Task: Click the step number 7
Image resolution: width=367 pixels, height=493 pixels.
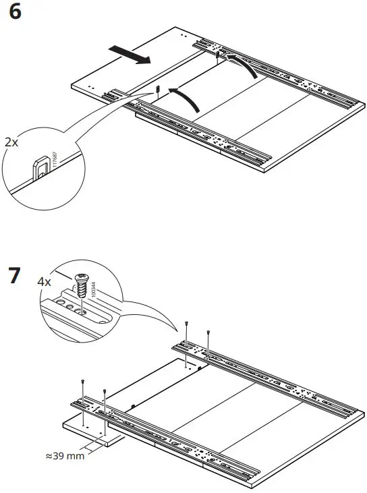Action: point(14,277)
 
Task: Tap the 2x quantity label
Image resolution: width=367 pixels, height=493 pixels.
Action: point(11,143)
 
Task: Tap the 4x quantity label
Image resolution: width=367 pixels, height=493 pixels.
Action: point(44,281)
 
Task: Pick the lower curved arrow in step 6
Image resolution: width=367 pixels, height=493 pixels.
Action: point(188,97)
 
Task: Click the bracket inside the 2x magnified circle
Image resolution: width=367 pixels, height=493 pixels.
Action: point(42,166)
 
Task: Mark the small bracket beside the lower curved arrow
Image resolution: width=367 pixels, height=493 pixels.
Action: point(157,90)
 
